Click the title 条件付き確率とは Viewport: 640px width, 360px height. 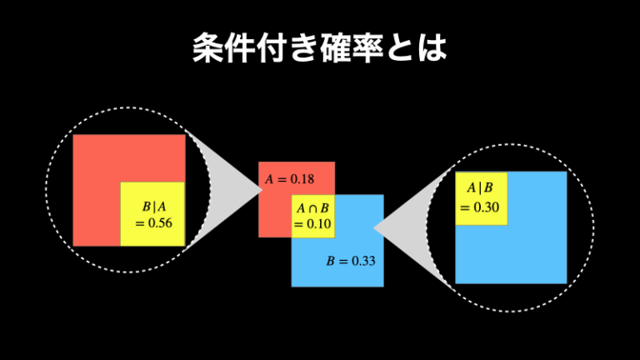tap(319, 49)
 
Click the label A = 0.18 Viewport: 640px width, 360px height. tap(289, 179)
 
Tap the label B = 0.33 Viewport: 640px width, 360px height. tap(351, 261)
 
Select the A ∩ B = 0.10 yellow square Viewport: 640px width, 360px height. tap(312, 216)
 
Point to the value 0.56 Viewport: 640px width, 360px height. tap(158, 223)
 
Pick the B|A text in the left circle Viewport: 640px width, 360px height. tap(155, 207)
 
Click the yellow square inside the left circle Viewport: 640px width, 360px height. tap(152, 213)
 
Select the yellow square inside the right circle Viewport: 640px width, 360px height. tap(482, 197)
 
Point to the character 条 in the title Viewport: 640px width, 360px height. tap(207, 49)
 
